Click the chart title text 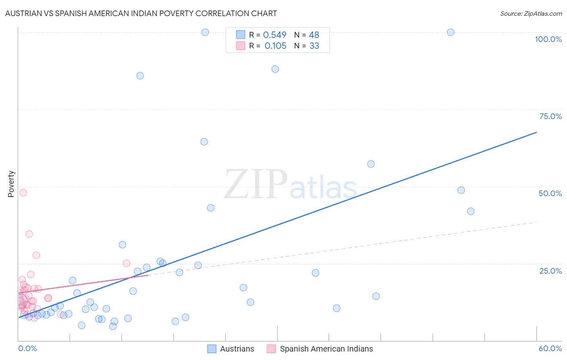point(141,13)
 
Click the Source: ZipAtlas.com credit point(531,13)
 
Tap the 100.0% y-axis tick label point(548,39)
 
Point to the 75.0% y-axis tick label point(550,116)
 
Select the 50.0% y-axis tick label point(550,193)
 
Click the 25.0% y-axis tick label point(550,271)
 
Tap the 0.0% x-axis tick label point(27,348)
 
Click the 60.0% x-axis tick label point(550,348)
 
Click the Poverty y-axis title point(11,184)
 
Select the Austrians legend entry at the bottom point(231,349)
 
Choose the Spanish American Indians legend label point(319,349)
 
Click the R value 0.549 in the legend point(275,35)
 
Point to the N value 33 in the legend point(314,46)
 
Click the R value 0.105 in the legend point(275,46)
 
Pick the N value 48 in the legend point(314,35)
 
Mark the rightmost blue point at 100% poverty point(450,32)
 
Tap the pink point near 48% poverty point(23,193)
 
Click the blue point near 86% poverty point(140,75)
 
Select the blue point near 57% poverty point(371,164)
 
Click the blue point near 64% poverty point(204,142)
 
